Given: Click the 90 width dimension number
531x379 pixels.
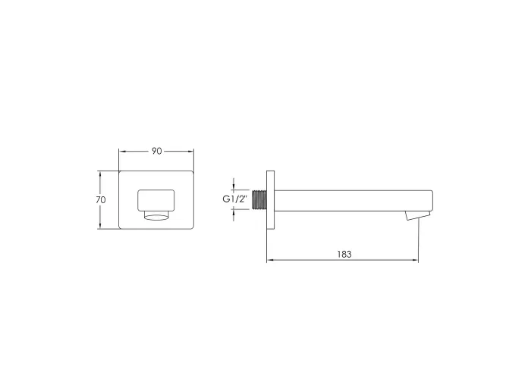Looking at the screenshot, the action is point(156,151).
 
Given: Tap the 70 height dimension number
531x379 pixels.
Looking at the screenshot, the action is point(101,199).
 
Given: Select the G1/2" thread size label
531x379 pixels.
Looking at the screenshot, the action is point(236,199).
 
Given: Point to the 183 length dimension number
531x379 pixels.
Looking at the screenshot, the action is point(344,254).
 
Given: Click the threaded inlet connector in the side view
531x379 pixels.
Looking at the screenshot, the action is point(259,200).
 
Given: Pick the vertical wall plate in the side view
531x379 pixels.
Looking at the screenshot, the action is point(270,200).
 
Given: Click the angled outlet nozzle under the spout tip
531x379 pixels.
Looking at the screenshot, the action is point(417,216).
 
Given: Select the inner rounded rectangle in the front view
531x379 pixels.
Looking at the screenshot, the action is point(156,200).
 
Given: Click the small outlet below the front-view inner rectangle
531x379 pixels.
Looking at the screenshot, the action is point(156,215).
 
